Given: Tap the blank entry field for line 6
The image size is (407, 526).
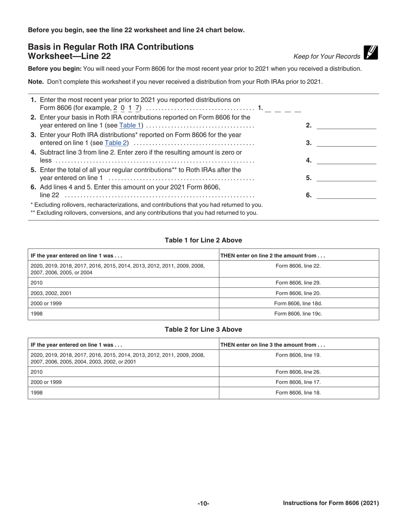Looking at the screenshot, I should point(346,195).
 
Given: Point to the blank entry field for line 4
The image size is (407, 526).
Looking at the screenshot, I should point(346,160).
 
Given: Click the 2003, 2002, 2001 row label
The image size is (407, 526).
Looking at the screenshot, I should point(51,293).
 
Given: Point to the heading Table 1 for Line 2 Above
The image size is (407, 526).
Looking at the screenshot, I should point(203,240).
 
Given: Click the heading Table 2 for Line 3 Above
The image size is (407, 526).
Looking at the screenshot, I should point(203,329).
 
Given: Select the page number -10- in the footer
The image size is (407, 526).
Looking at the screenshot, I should point(203,504).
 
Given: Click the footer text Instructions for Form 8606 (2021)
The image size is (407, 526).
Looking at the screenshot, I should point(331,503).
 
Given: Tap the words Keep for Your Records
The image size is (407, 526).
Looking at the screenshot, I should point(327,56).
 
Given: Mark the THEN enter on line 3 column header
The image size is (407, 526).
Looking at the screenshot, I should point(272,345).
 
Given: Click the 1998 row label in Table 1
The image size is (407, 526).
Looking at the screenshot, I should point(37,314).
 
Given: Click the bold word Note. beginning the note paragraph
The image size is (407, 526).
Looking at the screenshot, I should point(36,82).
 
